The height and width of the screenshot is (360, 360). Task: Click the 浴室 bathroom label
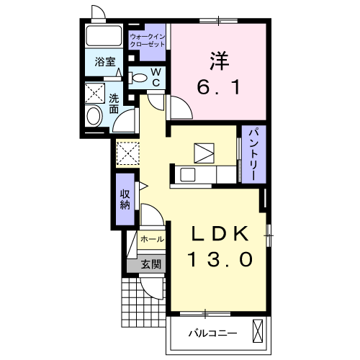coord(105,61)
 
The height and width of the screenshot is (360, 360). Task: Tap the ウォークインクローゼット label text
coord(147,40)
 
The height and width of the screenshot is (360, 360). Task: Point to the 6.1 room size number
coord(220,88)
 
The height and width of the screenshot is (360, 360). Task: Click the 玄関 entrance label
coord(150,264)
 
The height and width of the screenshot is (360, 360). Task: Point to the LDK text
coord(220,234)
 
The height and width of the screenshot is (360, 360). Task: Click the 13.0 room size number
coord(220,260)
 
